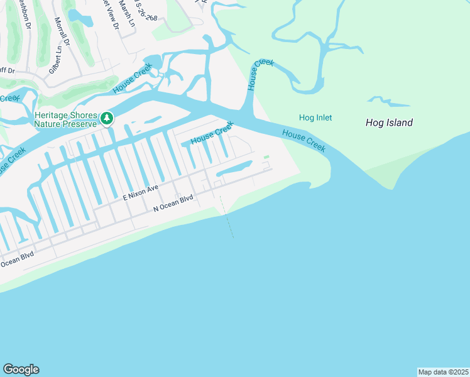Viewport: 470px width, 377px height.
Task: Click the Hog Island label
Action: [x=389, y=123]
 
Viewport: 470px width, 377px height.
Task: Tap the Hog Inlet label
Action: [x=315, y=117]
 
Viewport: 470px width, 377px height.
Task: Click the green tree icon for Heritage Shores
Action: [x=107, y=117]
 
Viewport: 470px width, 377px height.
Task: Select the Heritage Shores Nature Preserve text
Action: [x=67, y=120]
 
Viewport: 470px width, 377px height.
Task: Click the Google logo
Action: [x=21, y=369]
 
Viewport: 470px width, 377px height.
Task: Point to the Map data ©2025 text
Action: [x=442, y=372]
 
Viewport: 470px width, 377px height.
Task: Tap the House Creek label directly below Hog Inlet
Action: [x=303, y=140]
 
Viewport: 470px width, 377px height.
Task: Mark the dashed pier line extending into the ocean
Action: [x=227, y=217]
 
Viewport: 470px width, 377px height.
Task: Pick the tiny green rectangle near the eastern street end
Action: [x=266, y=157]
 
